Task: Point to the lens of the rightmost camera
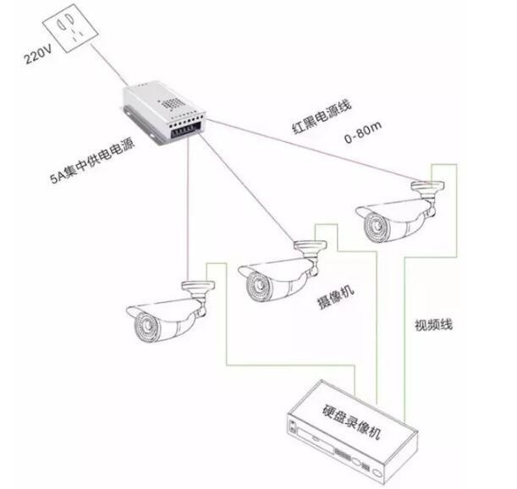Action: click(371, 226)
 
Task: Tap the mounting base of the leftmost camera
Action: click(194, 285)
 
